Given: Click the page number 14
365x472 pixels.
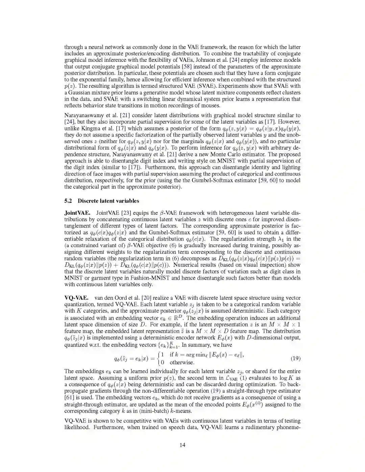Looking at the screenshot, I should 182,445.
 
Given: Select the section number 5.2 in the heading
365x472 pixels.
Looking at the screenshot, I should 68,201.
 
